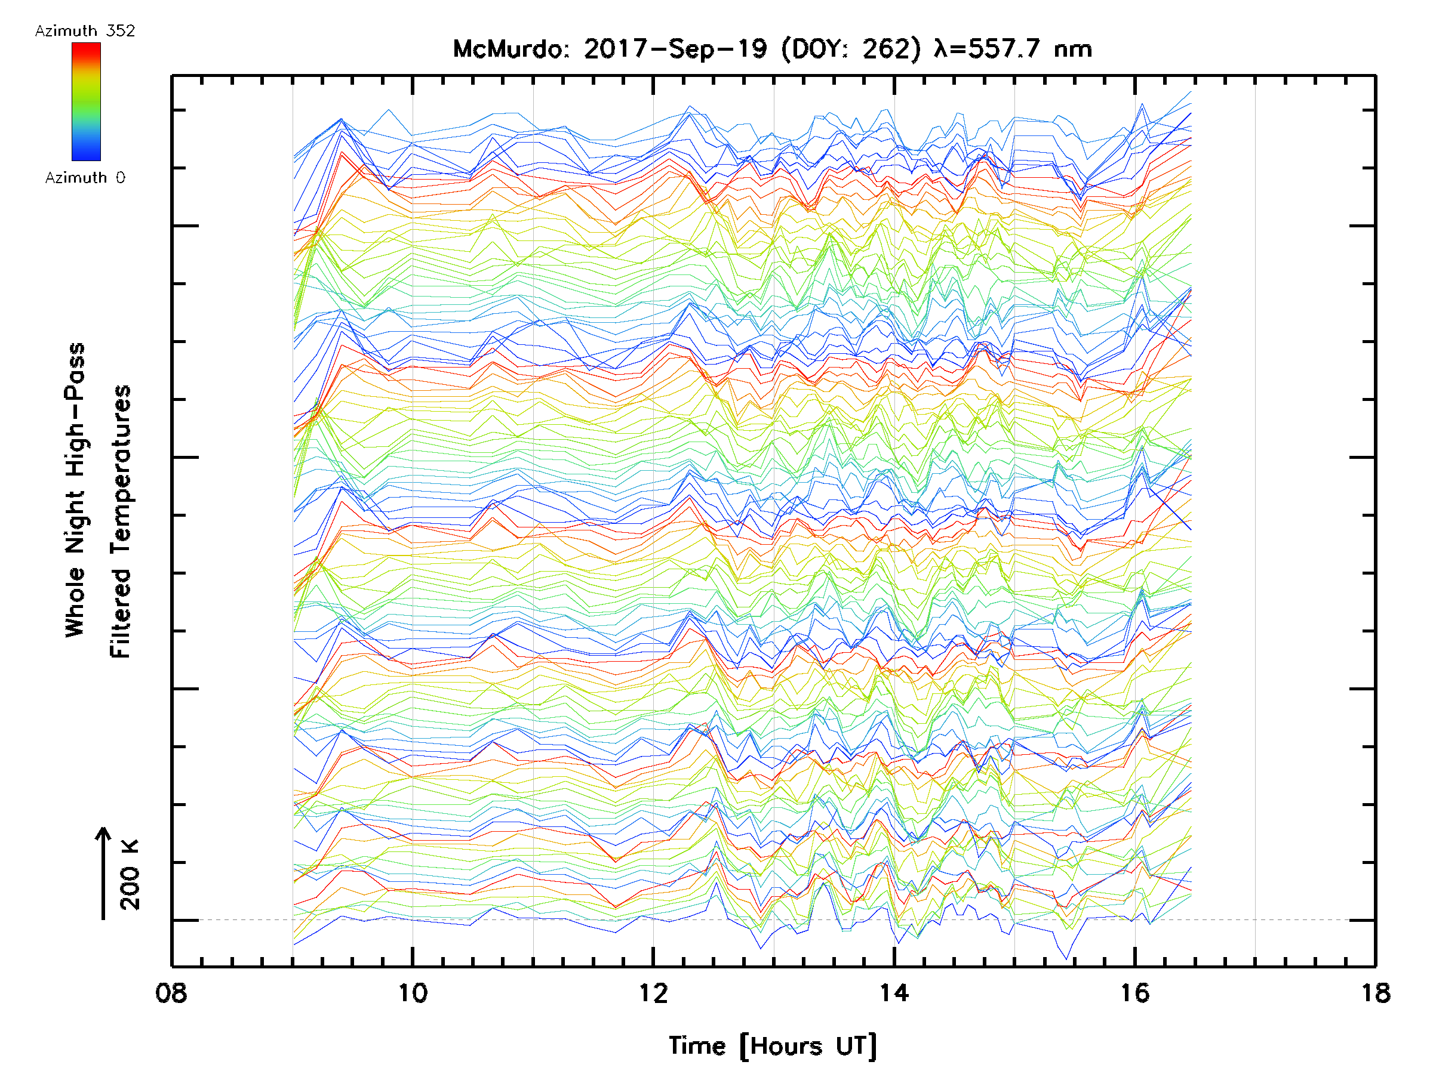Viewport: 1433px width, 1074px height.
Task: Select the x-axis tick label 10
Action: click(413, 993)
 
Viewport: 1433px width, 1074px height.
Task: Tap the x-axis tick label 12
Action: click(653, 993)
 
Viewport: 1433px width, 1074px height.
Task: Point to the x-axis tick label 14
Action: click(894, 993)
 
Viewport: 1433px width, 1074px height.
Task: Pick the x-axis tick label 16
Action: click(1134, 993)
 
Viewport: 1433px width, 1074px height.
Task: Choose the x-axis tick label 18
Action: click(1374, 993)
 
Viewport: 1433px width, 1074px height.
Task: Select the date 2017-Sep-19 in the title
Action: click(676, 49)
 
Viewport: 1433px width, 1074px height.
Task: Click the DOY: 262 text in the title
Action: click(851, 49)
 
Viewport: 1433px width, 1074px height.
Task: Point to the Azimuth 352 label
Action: click(85, 31)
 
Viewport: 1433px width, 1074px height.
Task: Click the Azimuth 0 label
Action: click(85, 177)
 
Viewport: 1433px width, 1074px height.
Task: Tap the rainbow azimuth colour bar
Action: click(86, 101)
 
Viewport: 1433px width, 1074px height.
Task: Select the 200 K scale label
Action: click(130, 875)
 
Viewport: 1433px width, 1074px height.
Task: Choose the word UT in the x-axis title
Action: click(856, 1046)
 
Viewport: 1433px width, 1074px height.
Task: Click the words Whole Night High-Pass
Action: click(75, 489)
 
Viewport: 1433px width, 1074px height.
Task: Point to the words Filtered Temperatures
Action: click(121, 521)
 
